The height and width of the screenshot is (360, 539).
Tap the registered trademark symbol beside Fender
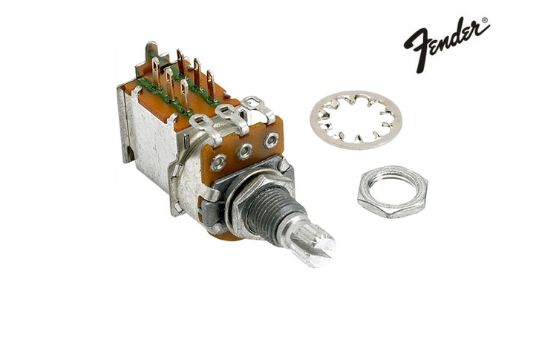(486, 21)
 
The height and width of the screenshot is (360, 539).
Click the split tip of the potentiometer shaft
(318, 250)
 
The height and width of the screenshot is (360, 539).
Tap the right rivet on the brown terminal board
(272, 139)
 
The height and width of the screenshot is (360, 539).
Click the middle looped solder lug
(227, 111)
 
